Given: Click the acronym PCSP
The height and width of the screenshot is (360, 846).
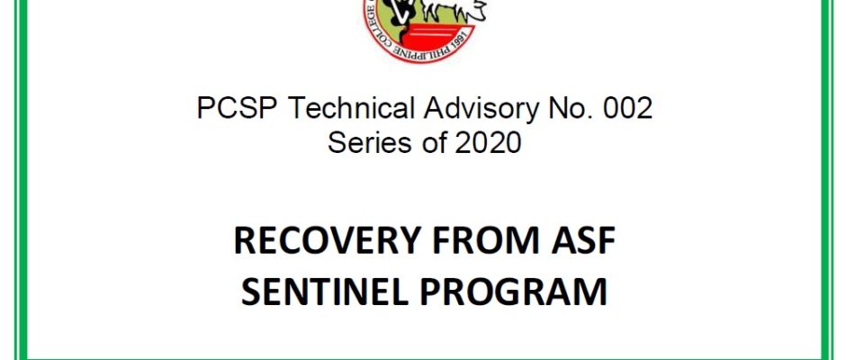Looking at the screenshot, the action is (238, 108).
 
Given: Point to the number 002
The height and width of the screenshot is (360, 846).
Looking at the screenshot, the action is (627, 108).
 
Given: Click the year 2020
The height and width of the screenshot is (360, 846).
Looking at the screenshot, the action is (488, 142).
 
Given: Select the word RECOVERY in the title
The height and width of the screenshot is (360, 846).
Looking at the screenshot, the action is (327, 240).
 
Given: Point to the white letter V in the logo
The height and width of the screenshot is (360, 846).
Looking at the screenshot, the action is (400, 12).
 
